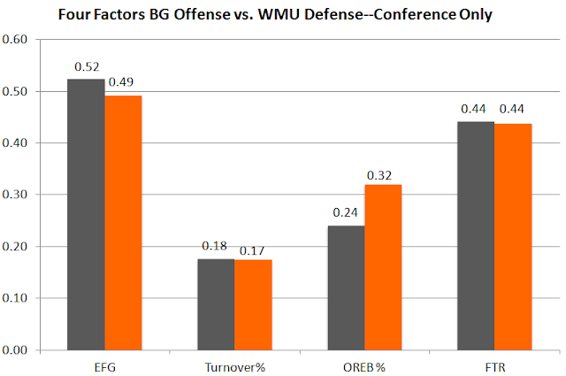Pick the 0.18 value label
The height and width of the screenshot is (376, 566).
point(216,245)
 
